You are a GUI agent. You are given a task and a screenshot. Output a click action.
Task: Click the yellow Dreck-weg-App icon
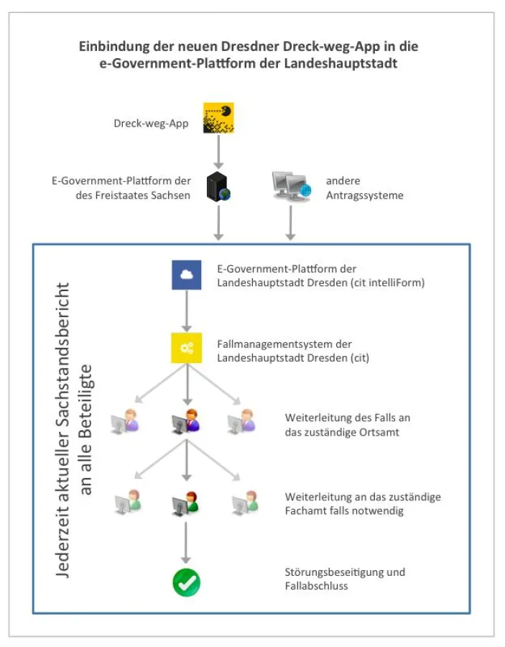(218, 119)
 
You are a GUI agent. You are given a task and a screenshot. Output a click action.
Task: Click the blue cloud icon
(186, 275)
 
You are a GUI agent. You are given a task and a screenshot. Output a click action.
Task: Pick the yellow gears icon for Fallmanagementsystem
(186, 347)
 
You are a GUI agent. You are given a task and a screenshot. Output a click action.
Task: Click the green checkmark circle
(186, 581)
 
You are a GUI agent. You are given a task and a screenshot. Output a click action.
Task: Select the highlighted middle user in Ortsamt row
(186, 423)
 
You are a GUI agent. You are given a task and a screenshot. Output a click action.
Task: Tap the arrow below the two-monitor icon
(290, 222)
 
